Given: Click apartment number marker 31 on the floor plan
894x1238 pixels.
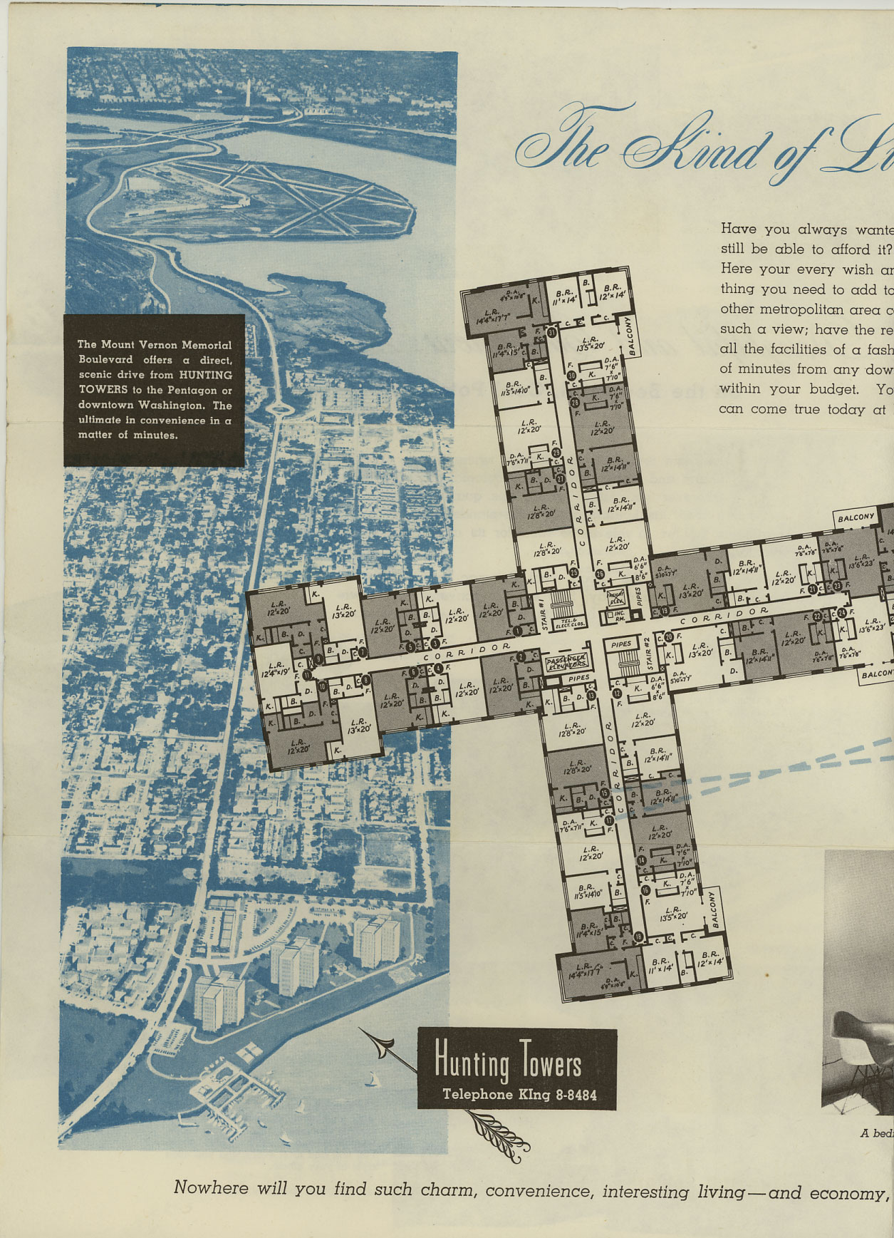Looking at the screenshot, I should pos(551,332).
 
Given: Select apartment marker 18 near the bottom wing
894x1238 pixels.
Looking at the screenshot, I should pos(638,937).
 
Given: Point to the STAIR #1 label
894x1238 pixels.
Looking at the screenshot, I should pos(543,614).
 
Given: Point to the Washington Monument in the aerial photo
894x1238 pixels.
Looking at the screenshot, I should pos(247,91).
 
